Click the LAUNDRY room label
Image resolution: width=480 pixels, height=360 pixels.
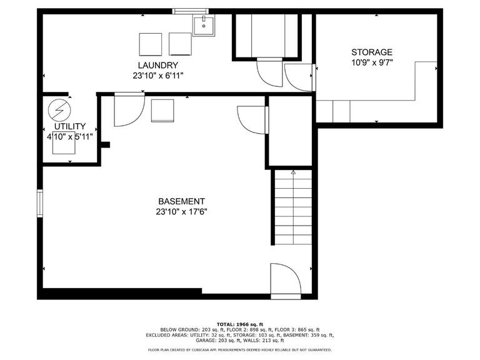click(157, 65)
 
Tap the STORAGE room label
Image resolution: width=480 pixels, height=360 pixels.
click(372, 52)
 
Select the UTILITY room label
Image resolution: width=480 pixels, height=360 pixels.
click(69, 127)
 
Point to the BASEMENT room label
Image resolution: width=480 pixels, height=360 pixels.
click(181, 201)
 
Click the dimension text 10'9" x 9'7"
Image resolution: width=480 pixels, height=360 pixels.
click(372, 62)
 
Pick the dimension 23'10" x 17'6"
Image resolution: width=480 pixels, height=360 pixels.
click(181, 212)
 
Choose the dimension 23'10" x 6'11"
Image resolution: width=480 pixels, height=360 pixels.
click(157, 76)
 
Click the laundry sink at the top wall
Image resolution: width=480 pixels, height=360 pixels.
click(203, 26)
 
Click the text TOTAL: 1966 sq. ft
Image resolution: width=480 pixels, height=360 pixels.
click(240, 323)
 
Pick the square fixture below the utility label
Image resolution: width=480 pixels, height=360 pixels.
click(64, 144)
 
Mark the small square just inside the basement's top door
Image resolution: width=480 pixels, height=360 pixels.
click(162, 110)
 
